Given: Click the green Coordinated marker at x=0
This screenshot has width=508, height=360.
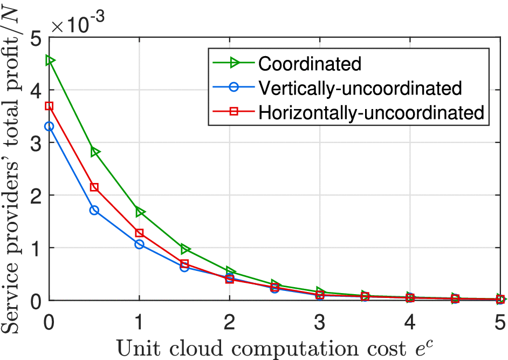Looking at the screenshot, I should click(x=50, y=60).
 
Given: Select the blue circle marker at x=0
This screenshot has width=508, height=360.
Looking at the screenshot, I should click(x=49, y=126).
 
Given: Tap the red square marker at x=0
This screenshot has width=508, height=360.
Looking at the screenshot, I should click(x=49, y=106).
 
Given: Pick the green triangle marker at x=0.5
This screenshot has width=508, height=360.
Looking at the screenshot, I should click(x=95, y=152).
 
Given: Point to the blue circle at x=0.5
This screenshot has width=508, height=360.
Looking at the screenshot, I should click(x=94, y=210).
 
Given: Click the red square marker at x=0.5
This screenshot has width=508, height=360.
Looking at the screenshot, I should click(x=94, y=187).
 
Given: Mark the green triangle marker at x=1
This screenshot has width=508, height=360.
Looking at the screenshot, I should click(x=140, y=212).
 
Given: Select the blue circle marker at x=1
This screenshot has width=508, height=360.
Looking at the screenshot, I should click(x=140, y=244).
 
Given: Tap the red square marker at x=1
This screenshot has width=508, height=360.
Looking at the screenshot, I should click(x=140, y=233).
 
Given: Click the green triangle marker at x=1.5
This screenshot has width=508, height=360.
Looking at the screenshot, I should click(x=186, y=249).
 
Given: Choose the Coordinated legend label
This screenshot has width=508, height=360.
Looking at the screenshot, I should click(x=310, y=64).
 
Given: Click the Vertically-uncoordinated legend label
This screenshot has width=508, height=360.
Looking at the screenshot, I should click(x=360, y=88).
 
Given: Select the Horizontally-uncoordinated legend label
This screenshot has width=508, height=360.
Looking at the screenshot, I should click(x=370, y=112).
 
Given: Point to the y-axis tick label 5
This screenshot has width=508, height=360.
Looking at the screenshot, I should click(x=37, y=38).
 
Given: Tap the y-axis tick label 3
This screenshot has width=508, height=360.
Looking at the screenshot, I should click(x=37, y=143).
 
